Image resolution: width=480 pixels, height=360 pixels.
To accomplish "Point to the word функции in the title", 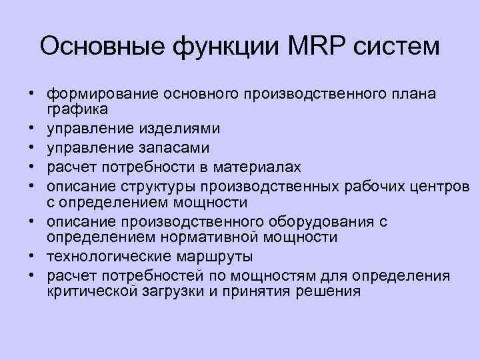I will pos(208,48).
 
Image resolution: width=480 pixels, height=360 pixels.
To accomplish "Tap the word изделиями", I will pos(186,128).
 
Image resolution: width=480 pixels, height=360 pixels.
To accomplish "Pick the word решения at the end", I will pos(326,291).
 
